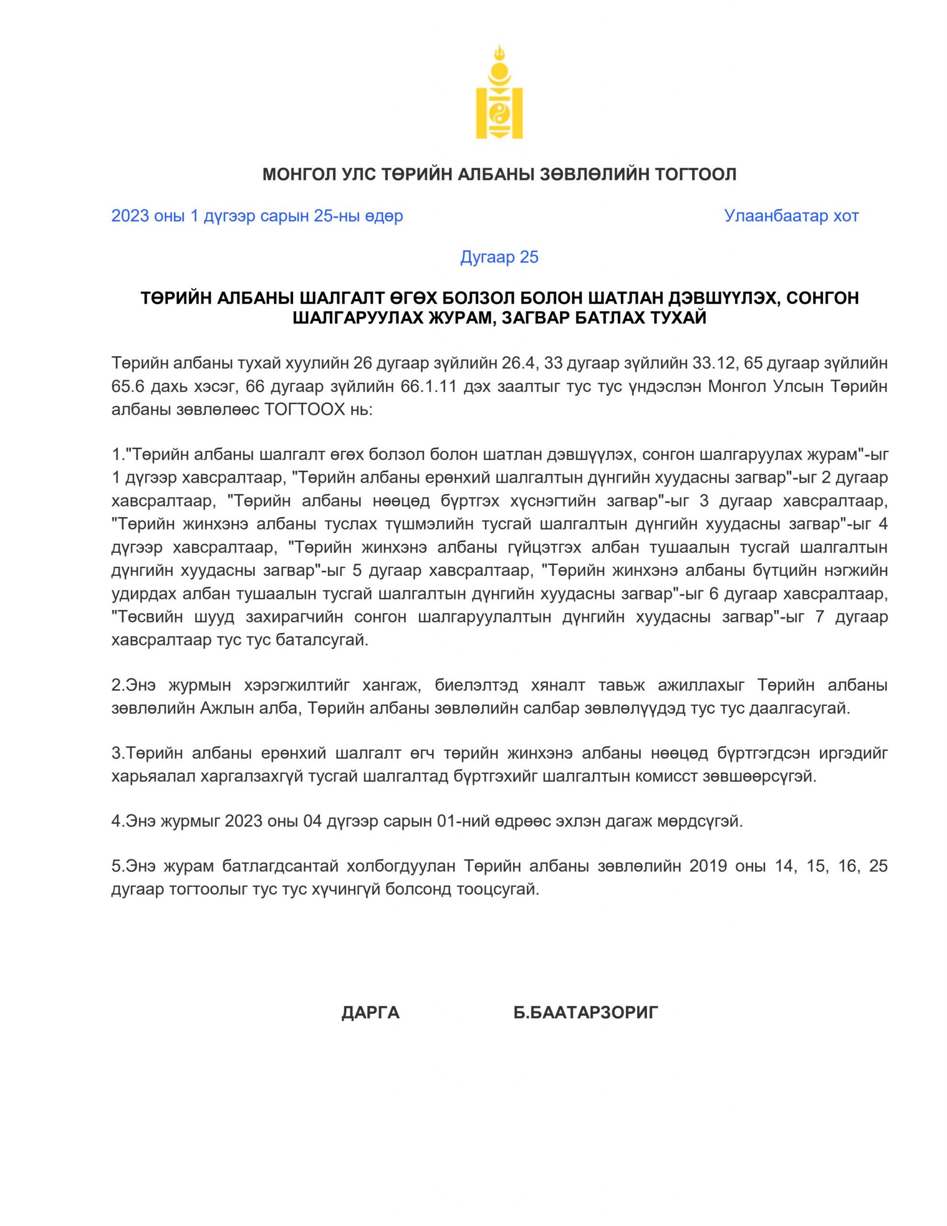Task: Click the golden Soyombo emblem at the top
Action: pyautogui.click(x=499, y=93)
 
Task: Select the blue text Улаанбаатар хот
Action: pyautogui.click(x=791, y=216)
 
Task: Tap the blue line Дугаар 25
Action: pyautogui.click(x=499, y=257)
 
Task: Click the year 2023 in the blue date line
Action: pyautogui.click(x=130, y=216)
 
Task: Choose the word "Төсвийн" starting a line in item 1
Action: pyautogui.click(x=150, y=617)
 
